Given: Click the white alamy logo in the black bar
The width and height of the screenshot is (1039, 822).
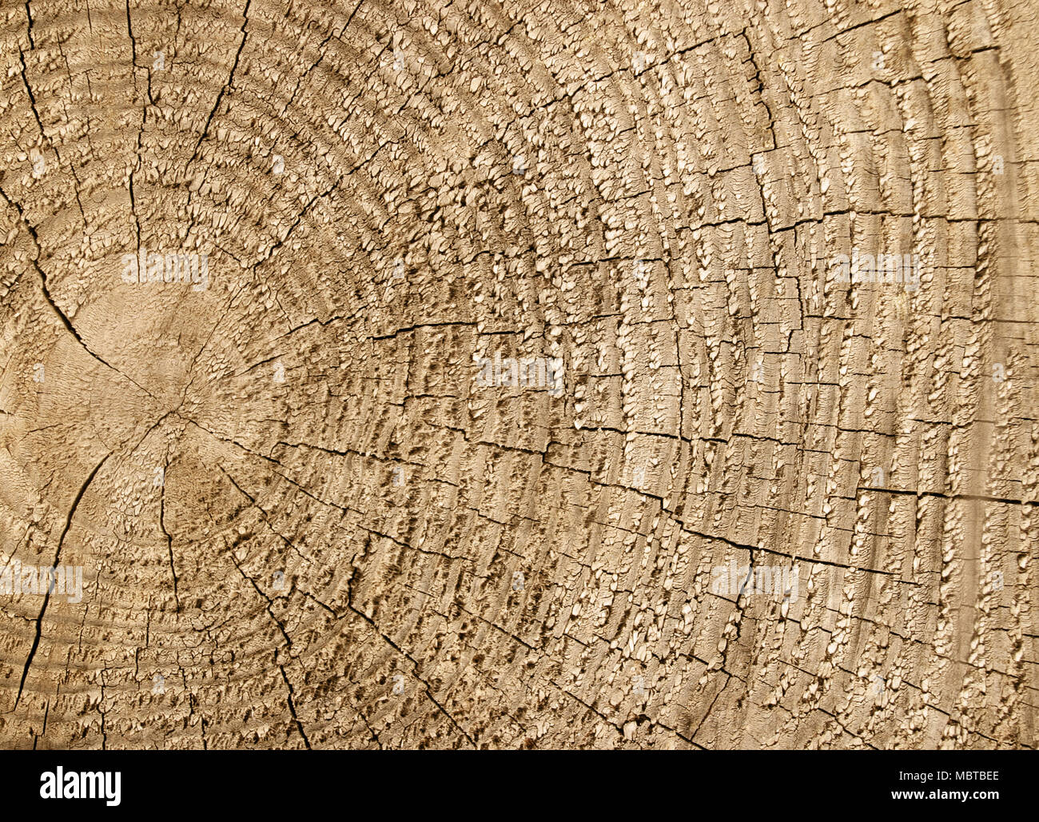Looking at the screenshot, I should tap(80, 786).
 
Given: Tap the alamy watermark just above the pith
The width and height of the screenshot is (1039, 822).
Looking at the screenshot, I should tap(165, 269).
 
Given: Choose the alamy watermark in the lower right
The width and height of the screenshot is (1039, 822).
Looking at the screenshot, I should tap(754, 580).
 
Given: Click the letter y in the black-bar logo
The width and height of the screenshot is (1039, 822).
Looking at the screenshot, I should tap(113, 788).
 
